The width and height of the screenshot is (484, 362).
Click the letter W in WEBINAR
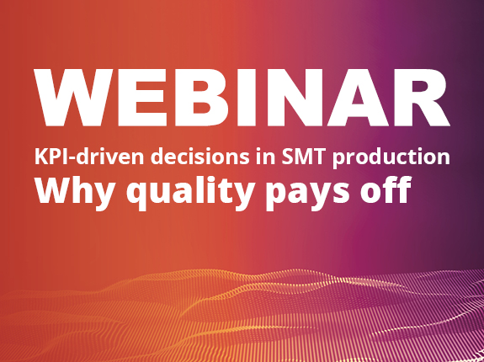pyautogui.click(x=73, y=98)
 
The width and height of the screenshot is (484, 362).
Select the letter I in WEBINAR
pyautogui.click(x=237, y=98)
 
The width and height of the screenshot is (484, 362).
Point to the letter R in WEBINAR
pyautogui.click(x=421, y=98)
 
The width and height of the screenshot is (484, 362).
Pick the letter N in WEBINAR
pyautogui.click(x=284, y=98)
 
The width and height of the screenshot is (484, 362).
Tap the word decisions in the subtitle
pyautogui.click(x=200, y=156)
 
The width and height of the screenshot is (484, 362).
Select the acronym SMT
pyautogui.click(x=303, y=157)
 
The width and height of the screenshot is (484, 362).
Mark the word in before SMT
pyautogui.click(x=265, y=156)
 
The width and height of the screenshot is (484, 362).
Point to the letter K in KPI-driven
pyautogui.click(x=40, y=157)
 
